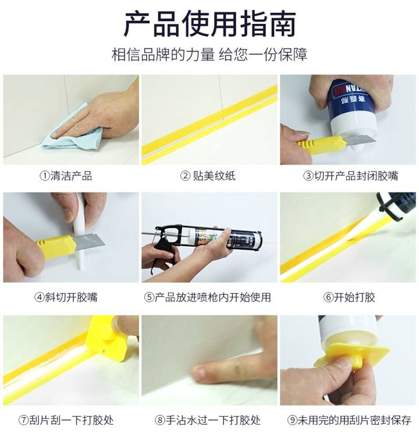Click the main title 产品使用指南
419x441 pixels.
[210, 24]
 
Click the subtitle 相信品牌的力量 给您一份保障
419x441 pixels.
[209, 54]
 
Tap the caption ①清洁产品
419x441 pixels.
[66, 176]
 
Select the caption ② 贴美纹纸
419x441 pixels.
[207, 176]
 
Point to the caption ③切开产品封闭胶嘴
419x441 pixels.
[350, 176]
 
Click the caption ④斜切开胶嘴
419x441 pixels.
[66, 297]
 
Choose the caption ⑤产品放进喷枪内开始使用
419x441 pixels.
[207, 297]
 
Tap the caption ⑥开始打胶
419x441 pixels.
[349, 297]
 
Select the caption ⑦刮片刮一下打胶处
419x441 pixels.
[66, 420]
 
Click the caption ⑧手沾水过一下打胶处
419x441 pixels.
[207, 420]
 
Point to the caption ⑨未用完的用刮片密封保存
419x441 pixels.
[349, 420]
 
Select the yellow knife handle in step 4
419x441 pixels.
[55, 246]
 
